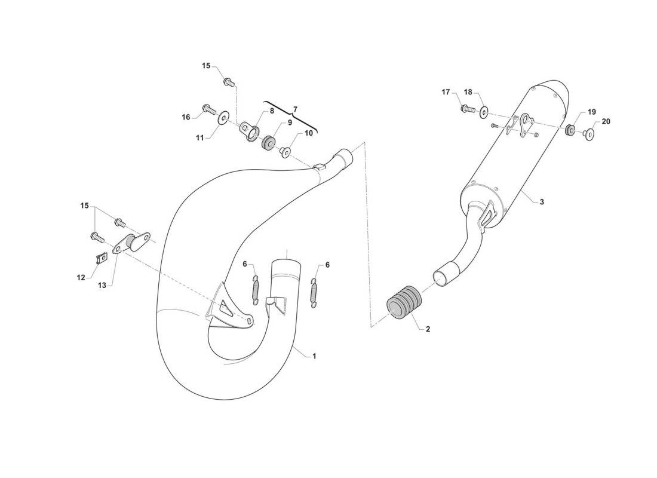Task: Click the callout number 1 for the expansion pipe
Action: click(x=314, y=356)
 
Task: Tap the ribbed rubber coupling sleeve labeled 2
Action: click(x=402, y=302)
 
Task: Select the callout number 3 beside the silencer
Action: click(x=542, y=202)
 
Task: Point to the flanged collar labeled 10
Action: click(x=286, y=152)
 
